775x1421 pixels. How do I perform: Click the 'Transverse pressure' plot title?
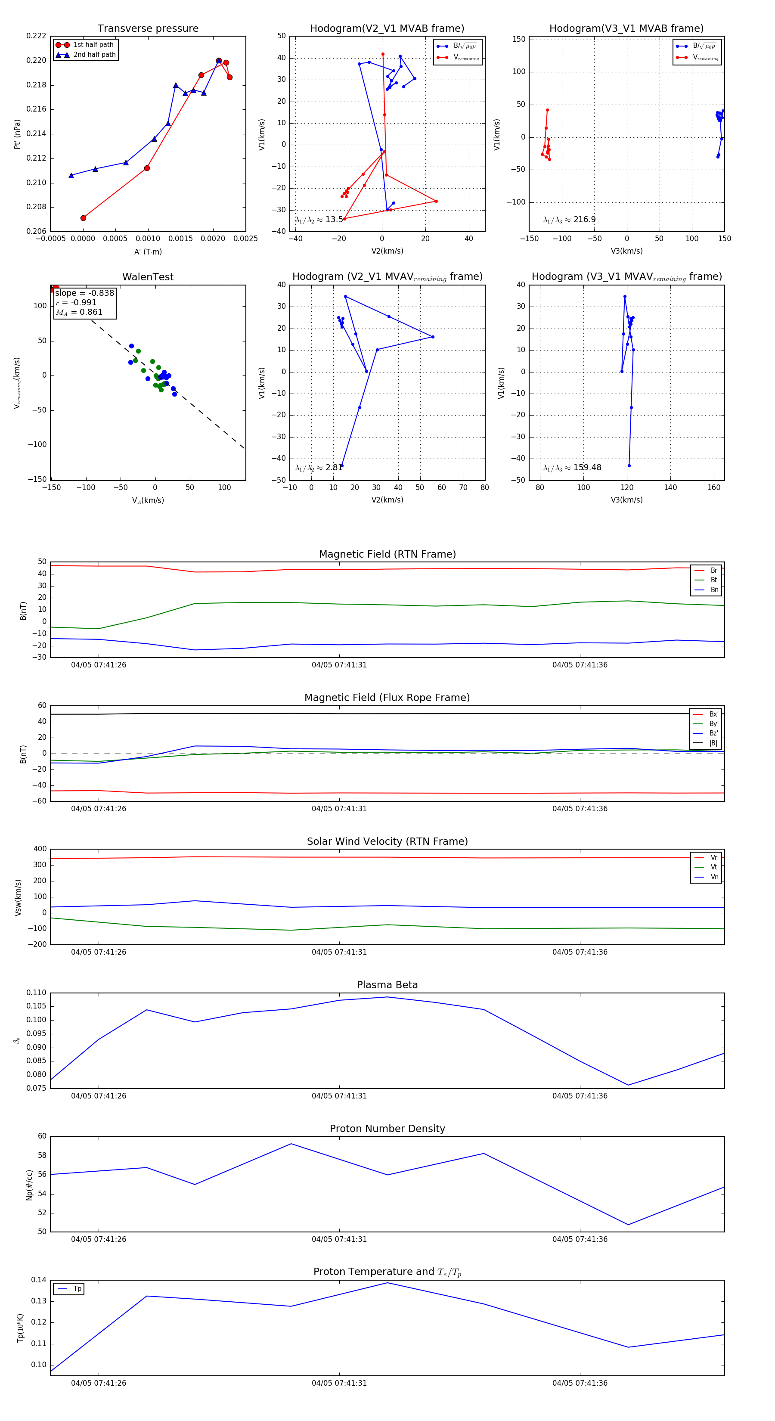(x=148, y=29)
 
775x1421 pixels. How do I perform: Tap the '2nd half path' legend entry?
(x=94, y=55)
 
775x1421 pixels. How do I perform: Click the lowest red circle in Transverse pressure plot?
(x=83, y=218)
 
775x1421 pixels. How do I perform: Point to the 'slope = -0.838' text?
(x=84, y=293)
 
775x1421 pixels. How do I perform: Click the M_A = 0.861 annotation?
(x=79, y=312)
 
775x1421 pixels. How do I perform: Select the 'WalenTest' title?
(x=148, y=277)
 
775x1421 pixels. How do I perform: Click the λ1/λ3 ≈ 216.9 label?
(x=569, y=220)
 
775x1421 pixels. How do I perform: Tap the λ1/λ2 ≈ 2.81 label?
(x=319, y=468)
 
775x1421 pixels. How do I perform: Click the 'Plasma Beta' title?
(x=387, y=985)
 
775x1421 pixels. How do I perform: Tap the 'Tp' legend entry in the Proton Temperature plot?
(x=77, y=1289)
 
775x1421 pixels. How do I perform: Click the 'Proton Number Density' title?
(x=387, y=1129)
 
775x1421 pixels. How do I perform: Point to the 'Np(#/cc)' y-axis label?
(x=29, y=1185)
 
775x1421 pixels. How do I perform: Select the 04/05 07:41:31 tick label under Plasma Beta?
(x=339, y=1096)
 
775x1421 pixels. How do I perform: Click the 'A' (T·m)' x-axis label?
(x=148, y=251)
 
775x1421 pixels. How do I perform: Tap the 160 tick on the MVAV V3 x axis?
(x=713, y=487)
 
